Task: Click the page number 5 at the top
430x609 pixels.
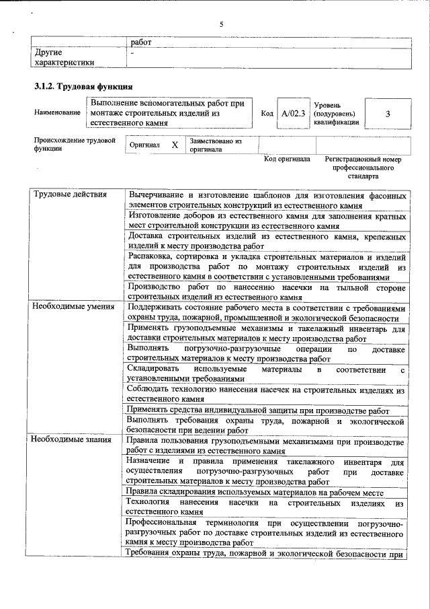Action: pyautogui.click(x=220, y=25)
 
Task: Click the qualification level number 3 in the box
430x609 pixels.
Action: pyautogui.click(x=388, y=114)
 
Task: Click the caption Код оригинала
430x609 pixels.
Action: pyautogui.click(x=287, y=159)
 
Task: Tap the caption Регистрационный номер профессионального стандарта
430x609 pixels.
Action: pyautogui.click(x=363, y=168)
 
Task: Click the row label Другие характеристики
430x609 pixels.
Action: pyautogui.click(x=64, y=57)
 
